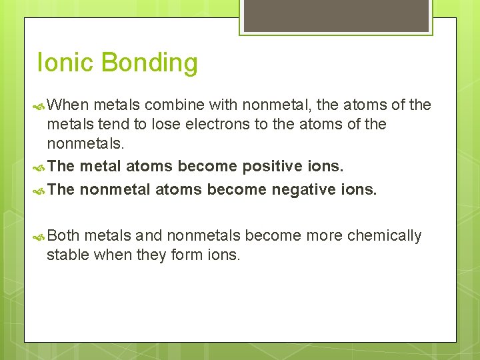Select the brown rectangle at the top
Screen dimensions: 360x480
pos(336,15)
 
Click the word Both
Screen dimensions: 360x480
pos(64,236)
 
